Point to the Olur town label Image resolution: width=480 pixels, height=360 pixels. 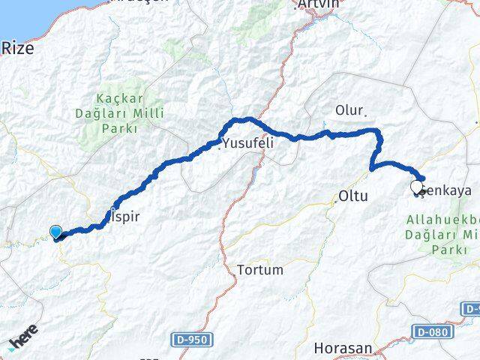pyautogui.click(x=349, y=110)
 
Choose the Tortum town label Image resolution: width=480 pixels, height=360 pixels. pyautogui.click(x=259, y=269)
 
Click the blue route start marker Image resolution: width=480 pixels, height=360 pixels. pyautogui.click(x=55, y=232)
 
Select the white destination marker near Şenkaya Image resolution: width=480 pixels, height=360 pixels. pyautogui.click(x=417, y=187)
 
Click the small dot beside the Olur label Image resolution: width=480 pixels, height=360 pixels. pyautogui.click(x=364, y=115)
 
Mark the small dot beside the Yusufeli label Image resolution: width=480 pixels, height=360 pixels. pyautogui.click(x=220, y=146)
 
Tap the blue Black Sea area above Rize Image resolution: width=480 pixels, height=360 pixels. pyautogui.click(x=15, y=15)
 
